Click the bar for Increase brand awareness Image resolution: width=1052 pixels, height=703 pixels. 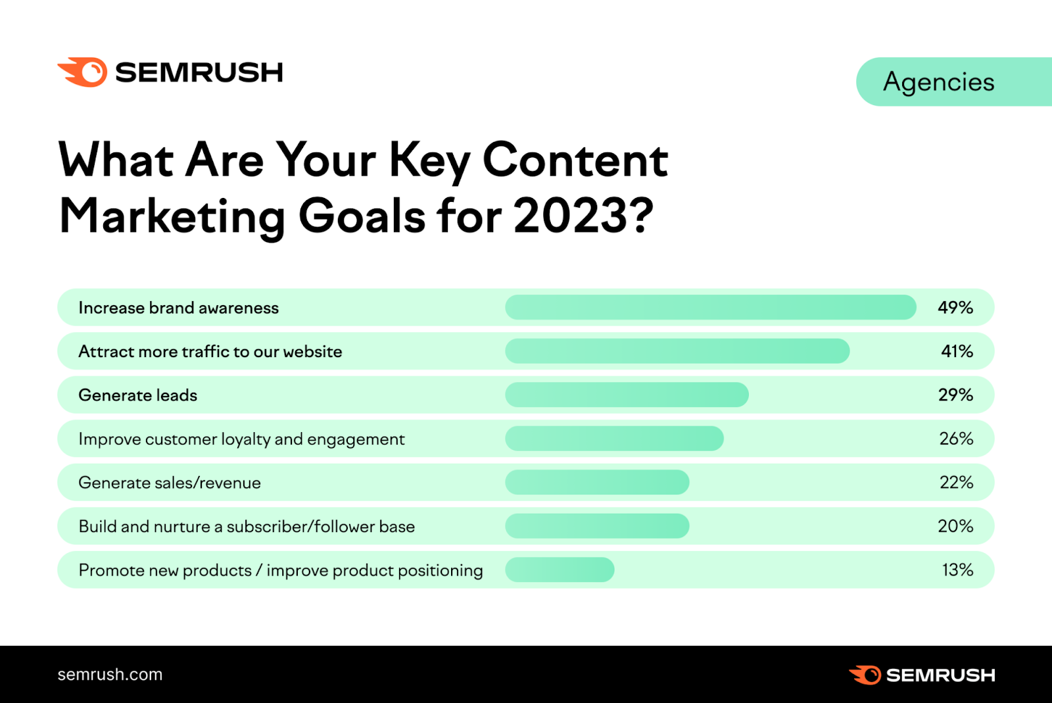click(710, 307)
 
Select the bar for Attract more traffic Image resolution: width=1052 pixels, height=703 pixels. click(677, 351)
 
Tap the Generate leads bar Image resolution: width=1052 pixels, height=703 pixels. click(627, 395)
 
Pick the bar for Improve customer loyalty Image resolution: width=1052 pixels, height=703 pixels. click(614, 439)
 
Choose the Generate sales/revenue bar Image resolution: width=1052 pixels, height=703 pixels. click(597, 482)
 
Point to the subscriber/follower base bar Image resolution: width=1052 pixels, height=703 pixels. click(597, 526)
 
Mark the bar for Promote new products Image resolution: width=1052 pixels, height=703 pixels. click(560, 570)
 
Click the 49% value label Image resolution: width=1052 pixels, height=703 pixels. click(955, 307)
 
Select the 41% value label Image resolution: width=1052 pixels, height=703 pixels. click(957, 351)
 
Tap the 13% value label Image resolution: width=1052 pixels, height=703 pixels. click(957, 570)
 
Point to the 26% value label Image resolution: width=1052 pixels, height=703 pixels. click(956, 439)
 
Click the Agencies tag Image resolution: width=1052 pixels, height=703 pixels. click(939, 82)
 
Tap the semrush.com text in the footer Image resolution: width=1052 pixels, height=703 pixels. click(110, 675)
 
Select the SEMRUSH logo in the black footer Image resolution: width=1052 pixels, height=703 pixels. click(922, 675)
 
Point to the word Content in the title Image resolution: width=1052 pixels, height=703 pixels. click(575, 160)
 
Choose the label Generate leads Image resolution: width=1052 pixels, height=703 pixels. click(137, 395)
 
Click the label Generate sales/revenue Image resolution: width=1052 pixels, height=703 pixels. click(170, 483)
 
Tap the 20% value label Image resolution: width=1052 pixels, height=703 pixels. click(955, 526)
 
